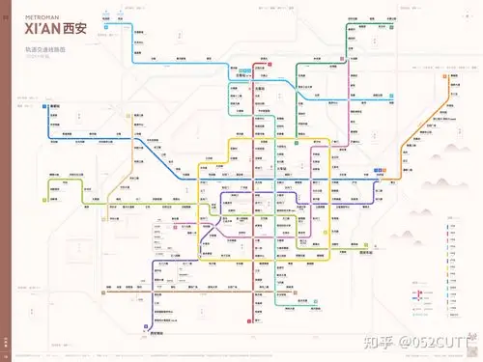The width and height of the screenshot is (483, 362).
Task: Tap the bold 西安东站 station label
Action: click(365, 253)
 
